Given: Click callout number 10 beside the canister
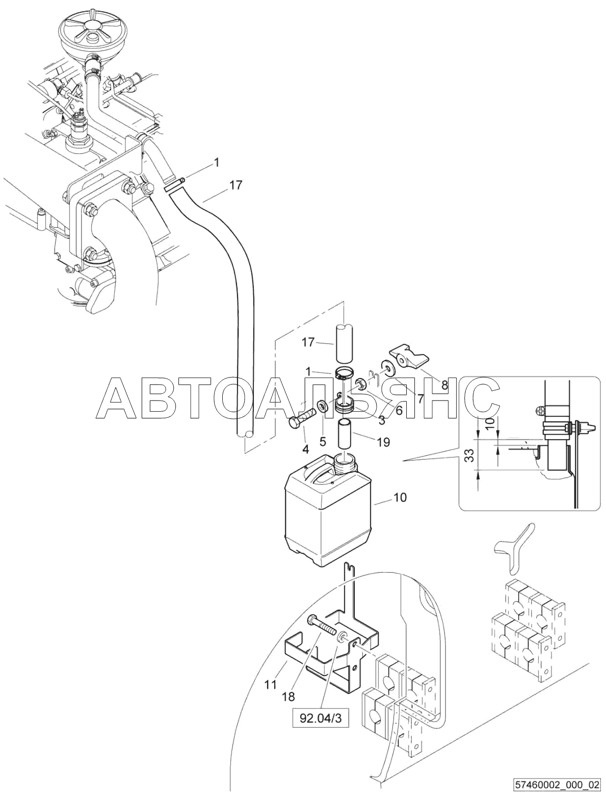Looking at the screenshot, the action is tap(401, 497).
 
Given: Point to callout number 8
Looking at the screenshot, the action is tap(444, 385).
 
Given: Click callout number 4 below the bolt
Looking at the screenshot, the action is tap(306, 448).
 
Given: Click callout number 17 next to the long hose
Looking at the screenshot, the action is tap(236, 185).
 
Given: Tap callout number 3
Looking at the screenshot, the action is tap(381, 420).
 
